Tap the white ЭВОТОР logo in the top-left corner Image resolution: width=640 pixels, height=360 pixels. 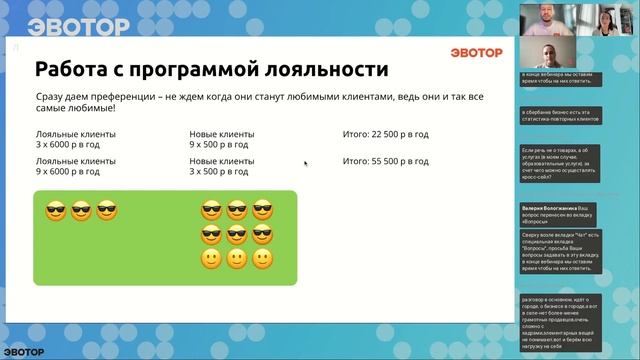65,25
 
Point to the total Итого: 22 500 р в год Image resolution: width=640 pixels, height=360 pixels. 386,134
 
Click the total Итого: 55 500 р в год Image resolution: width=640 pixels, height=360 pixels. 386,160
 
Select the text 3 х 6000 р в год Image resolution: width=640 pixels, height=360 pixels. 68,145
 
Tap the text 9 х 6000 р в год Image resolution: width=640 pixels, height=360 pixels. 68,171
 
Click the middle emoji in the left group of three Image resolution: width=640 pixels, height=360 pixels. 81,211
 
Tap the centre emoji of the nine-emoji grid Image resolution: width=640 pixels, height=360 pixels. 237,235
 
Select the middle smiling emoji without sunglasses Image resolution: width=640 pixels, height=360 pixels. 237,260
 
